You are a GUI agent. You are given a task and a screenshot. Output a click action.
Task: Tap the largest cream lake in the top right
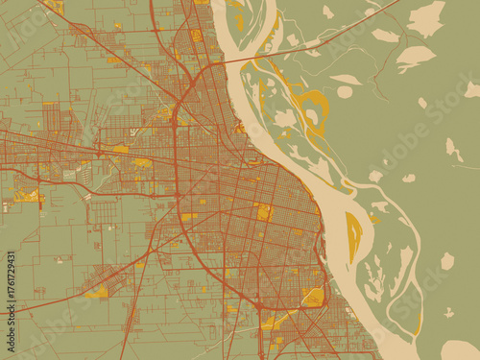[x=426, y=17]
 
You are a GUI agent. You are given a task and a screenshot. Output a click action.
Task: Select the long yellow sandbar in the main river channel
[x=353, y=235]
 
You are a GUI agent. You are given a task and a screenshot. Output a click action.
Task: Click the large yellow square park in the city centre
[x=264, y=211]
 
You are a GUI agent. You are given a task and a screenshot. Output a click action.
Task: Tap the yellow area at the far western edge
[x=26, y=196]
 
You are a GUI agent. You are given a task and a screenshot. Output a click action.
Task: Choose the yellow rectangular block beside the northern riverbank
[x=239, y=20]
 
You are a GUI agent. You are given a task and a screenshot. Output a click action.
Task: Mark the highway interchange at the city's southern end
[x=260, y=306]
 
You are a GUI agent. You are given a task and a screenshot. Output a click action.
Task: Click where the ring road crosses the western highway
[x=177, y=193]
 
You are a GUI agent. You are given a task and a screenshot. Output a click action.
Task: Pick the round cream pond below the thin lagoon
[x=345, y=92]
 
